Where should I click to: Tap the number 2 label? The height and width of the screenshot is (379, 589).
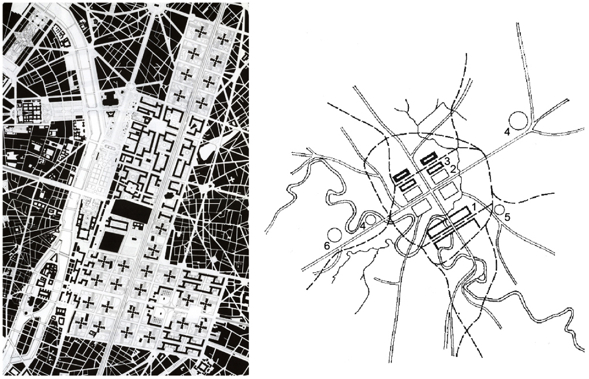click(453, 169)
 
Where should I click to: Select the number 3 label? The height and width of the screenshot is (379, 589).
click(446, 161)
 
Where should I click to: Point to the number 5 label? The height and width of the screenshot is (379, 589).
click(507, 217)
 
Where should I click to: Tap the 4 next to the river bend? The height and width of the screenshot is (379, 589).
click(364, 225)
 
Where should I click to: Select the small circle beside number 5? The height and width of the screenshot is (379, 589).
click(499, 209)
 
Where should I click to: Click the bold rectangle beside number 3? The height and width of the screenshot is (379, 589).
click(429, 158)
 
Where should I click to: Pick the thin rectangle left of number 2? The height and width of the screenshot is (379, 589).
click(435, 169)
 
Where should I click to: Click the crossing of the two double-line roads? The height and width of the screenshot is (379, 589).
click(432, 192)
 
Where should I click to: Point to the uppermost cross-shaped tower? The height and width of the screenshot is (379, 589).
click(200, 33)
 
